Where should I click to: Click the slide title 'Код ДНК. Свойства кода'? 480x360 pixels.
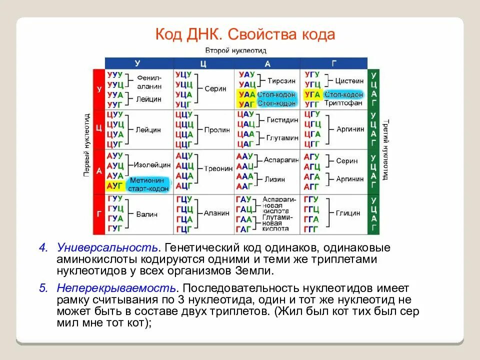point(244,35)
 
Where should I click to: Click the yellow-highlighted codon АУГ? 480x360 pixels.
point(114,185)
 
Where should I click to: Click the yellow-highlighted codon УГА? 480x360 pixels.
point(312,94)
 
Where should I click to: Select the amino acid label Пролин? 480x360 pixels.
point(217,129)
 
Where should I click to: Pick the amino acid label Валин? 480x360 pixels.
point(146,214)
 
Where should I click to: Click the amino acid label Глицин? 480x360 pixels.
point(348,213)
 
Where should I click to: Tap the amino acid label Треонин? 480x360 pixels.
point(218,168)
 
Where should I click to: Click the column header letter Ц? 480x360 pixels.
point(203,63)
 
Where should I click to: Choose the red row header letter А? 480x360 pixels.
point(99,171)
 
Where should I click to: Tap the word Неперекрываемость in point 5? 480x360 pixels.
point(116,288)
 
